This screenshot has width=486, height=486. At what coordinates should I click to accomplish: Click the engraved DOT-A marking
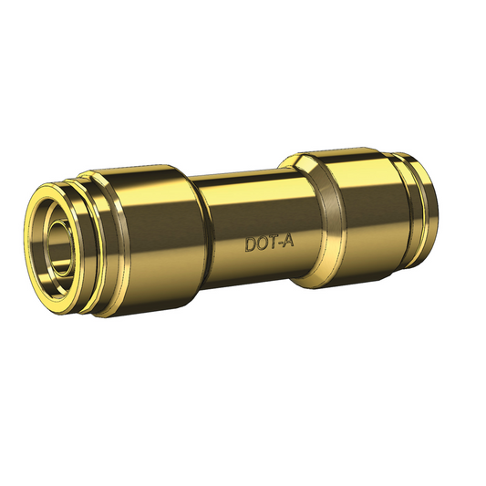(269, 244)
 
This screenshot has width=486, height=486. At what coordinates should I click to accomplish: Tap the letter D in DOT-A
(250, 244)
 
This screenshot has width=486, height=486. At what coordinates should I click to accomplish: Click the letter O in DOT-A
(262, 244)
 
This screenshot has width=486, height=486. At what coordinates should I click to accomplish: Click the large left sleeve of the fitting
(150, 237)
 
